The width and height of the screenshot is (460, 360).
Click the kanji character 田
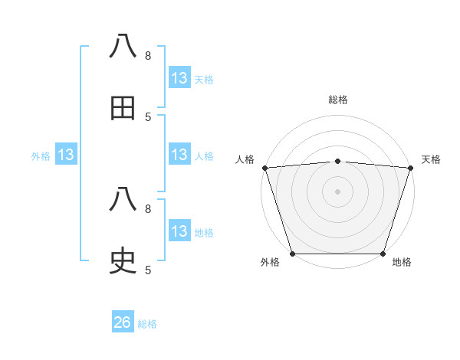coord(123,108)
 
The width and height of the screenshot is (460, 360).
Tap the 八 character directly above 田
coord(123,47)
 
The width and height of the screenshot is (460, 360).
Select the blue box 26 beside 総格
coord(123,322)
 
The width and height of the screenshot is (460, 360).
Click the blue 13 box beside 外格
coord(66,155)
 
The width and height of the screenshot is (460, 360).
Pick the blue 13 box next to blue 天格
coord(179,78)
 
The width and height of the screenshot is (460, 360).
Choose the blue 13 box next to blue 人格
coord(179,155)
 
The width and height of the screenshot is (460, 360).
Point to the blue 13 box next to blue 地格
coord(179,231)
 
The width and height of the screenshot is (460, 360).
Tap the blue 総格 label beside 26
coord(147,324)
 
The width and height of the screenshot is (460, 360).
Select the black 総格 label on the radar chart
coord(338,100)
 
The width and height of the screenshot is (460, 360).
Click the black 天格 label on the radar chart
coord(432,159)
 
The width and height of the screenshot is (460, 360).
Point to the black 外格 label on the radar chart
coord(270,263)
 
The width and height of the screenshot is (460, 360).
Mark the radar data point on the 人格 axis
coord(264,168)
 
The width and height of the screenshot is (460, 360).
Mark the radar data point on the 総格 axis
coord(338,161)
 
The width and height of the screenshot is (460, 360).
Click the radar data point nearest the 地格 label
coord(383,254)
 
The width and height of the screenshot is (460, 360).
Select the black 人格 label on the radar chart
coord(245,159)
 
